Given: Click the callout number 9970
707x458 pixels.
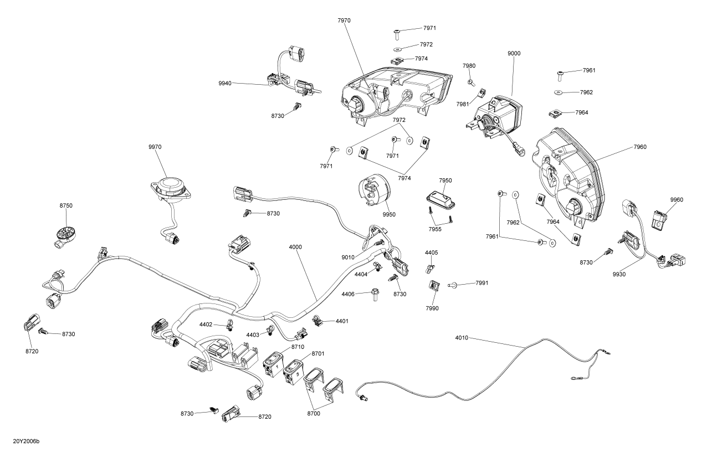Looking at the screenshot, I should pyautogui.click(x=155, y=147).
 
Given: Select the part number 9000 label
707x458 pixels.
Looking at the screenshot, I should pyautogui.click(x=514, y=54).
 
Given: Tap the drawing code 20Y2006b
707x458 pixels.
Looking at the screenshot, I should pyautogui.click(x=26, y=442).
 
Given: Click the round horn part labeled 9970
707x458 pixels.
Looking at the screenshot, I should pyautogui.click(x=171, y=187).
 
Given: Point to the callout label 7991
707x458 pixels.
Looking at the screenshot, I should pyautogui.click(x=481, y=284).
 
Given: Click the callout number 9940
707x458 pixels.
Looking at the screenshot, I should pyautogui.click(x=226, y=83).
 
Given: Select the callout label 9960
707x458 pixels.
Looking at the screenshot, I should pyautogui.click(x=677, y=200).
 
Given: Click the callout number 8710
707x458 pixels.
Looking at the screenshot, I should pyautogui.click(x=298, y=347).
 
